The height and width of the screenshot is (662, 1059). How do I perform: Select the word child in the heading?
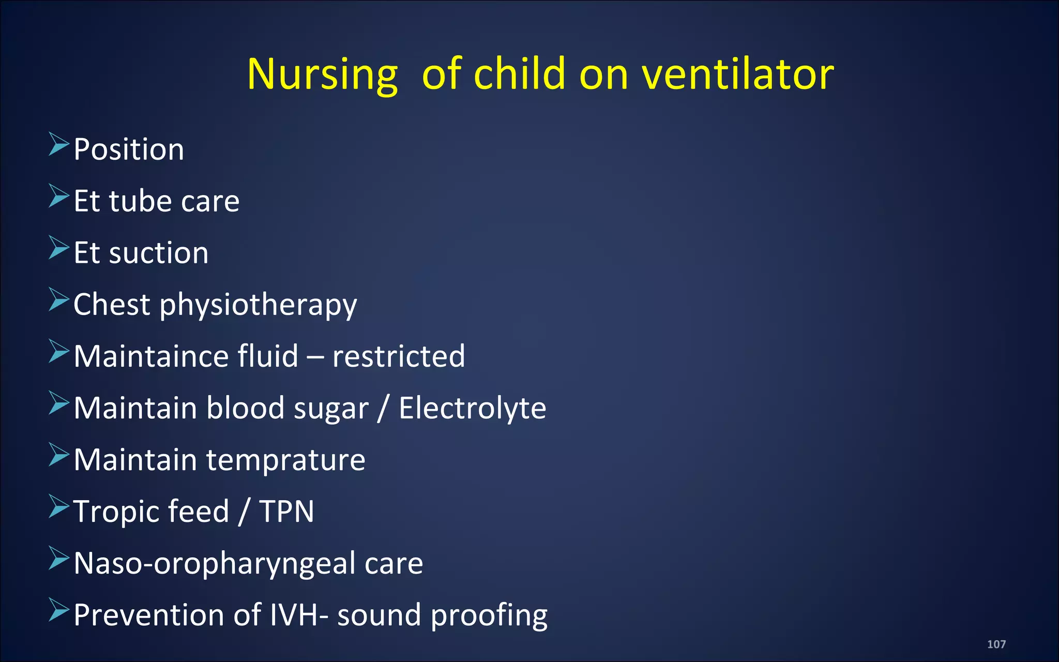click(x=520, y=74)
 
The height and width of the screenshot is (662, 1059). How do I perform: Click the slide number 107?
click(x=996, y=644)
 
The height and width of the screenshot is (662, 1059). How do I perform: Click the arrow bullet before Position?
click(x=58, y=144)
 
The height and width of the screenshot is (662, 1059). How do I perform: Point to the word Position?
click(x=129, y=149)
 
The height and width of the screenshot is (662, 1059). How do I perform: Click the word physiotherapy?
click(x=258, y=305)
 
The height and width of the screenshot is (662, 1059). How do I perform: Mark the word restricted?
click(x=398, y=356)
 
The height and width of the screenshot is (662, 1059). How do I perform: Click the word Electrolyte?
click(x=472, y=408)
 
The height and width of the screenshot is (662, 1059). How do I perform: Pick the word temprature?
click(x=285, y=460)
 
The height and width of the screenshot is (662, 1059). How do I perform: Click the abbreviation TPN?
click(x=286, y=511)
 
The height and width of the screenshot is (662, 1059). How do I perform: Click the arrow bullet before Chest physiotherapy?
click(x=58, y=299)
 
